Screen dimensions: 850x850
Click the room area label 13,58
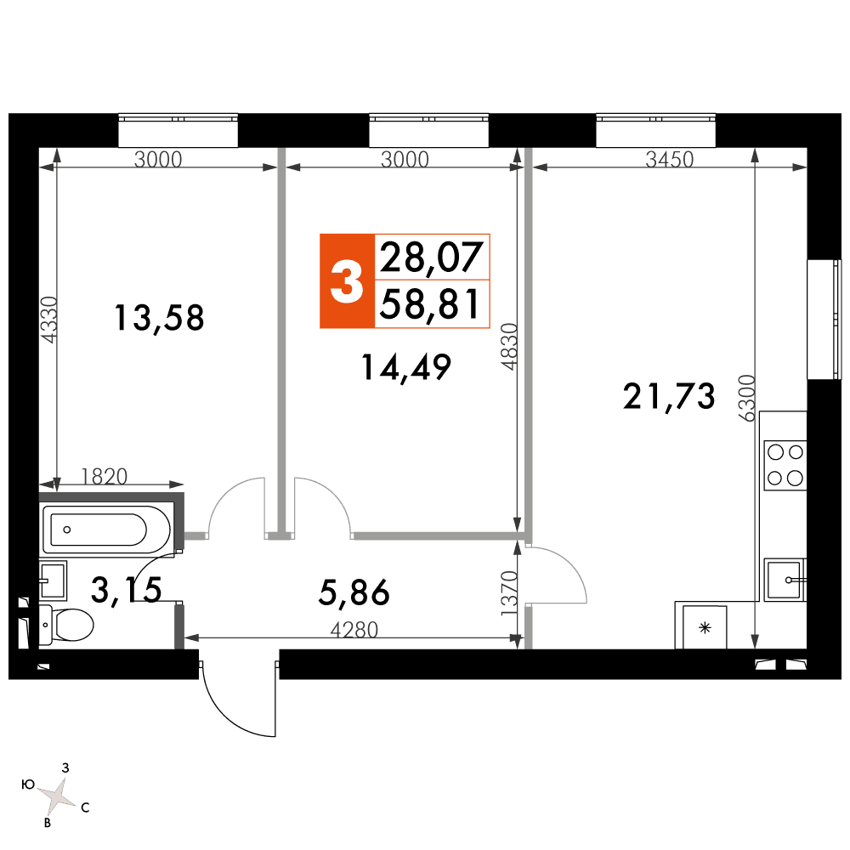(x=159, y=319)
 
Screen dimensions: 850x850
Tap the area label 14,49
(x=406, y=367)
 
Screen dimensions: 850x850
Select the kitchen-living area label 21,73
(x=669, y=396)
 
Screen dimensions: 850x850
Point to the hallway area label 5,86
(x=354, y=592)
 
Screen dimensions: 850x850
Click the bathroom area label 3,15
(x=127, y=590)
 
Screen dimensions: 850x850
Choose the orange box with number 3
(x=347, y=281)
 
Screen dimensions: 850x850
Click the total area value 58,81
(x=430, y=304)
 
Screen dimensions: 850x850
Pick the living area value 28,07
(x=431, y=257)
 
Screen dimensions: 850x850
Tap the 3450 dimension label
(x=670, y=160)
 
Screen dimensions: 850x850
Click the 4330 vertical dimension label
(x=49, y=320)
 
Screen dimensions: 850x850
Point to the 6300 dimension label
(x=747, y=398)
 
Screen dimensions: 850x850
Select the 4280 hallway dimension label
(x=354, y=630)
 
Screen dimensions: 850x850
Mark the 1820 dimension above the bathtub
(x=104, y=477)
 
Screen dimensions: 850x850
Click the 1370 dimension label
(x=509, y=593)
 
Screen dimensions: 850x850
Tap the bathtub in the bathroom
(x=107, y=529)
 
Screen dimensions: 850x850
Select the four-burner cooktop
(x=785, y=466)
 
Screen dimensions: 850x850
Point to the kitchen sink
(x=785, y=580)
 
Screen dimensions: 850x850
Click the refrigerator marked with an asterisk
(x=704, y=628)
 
